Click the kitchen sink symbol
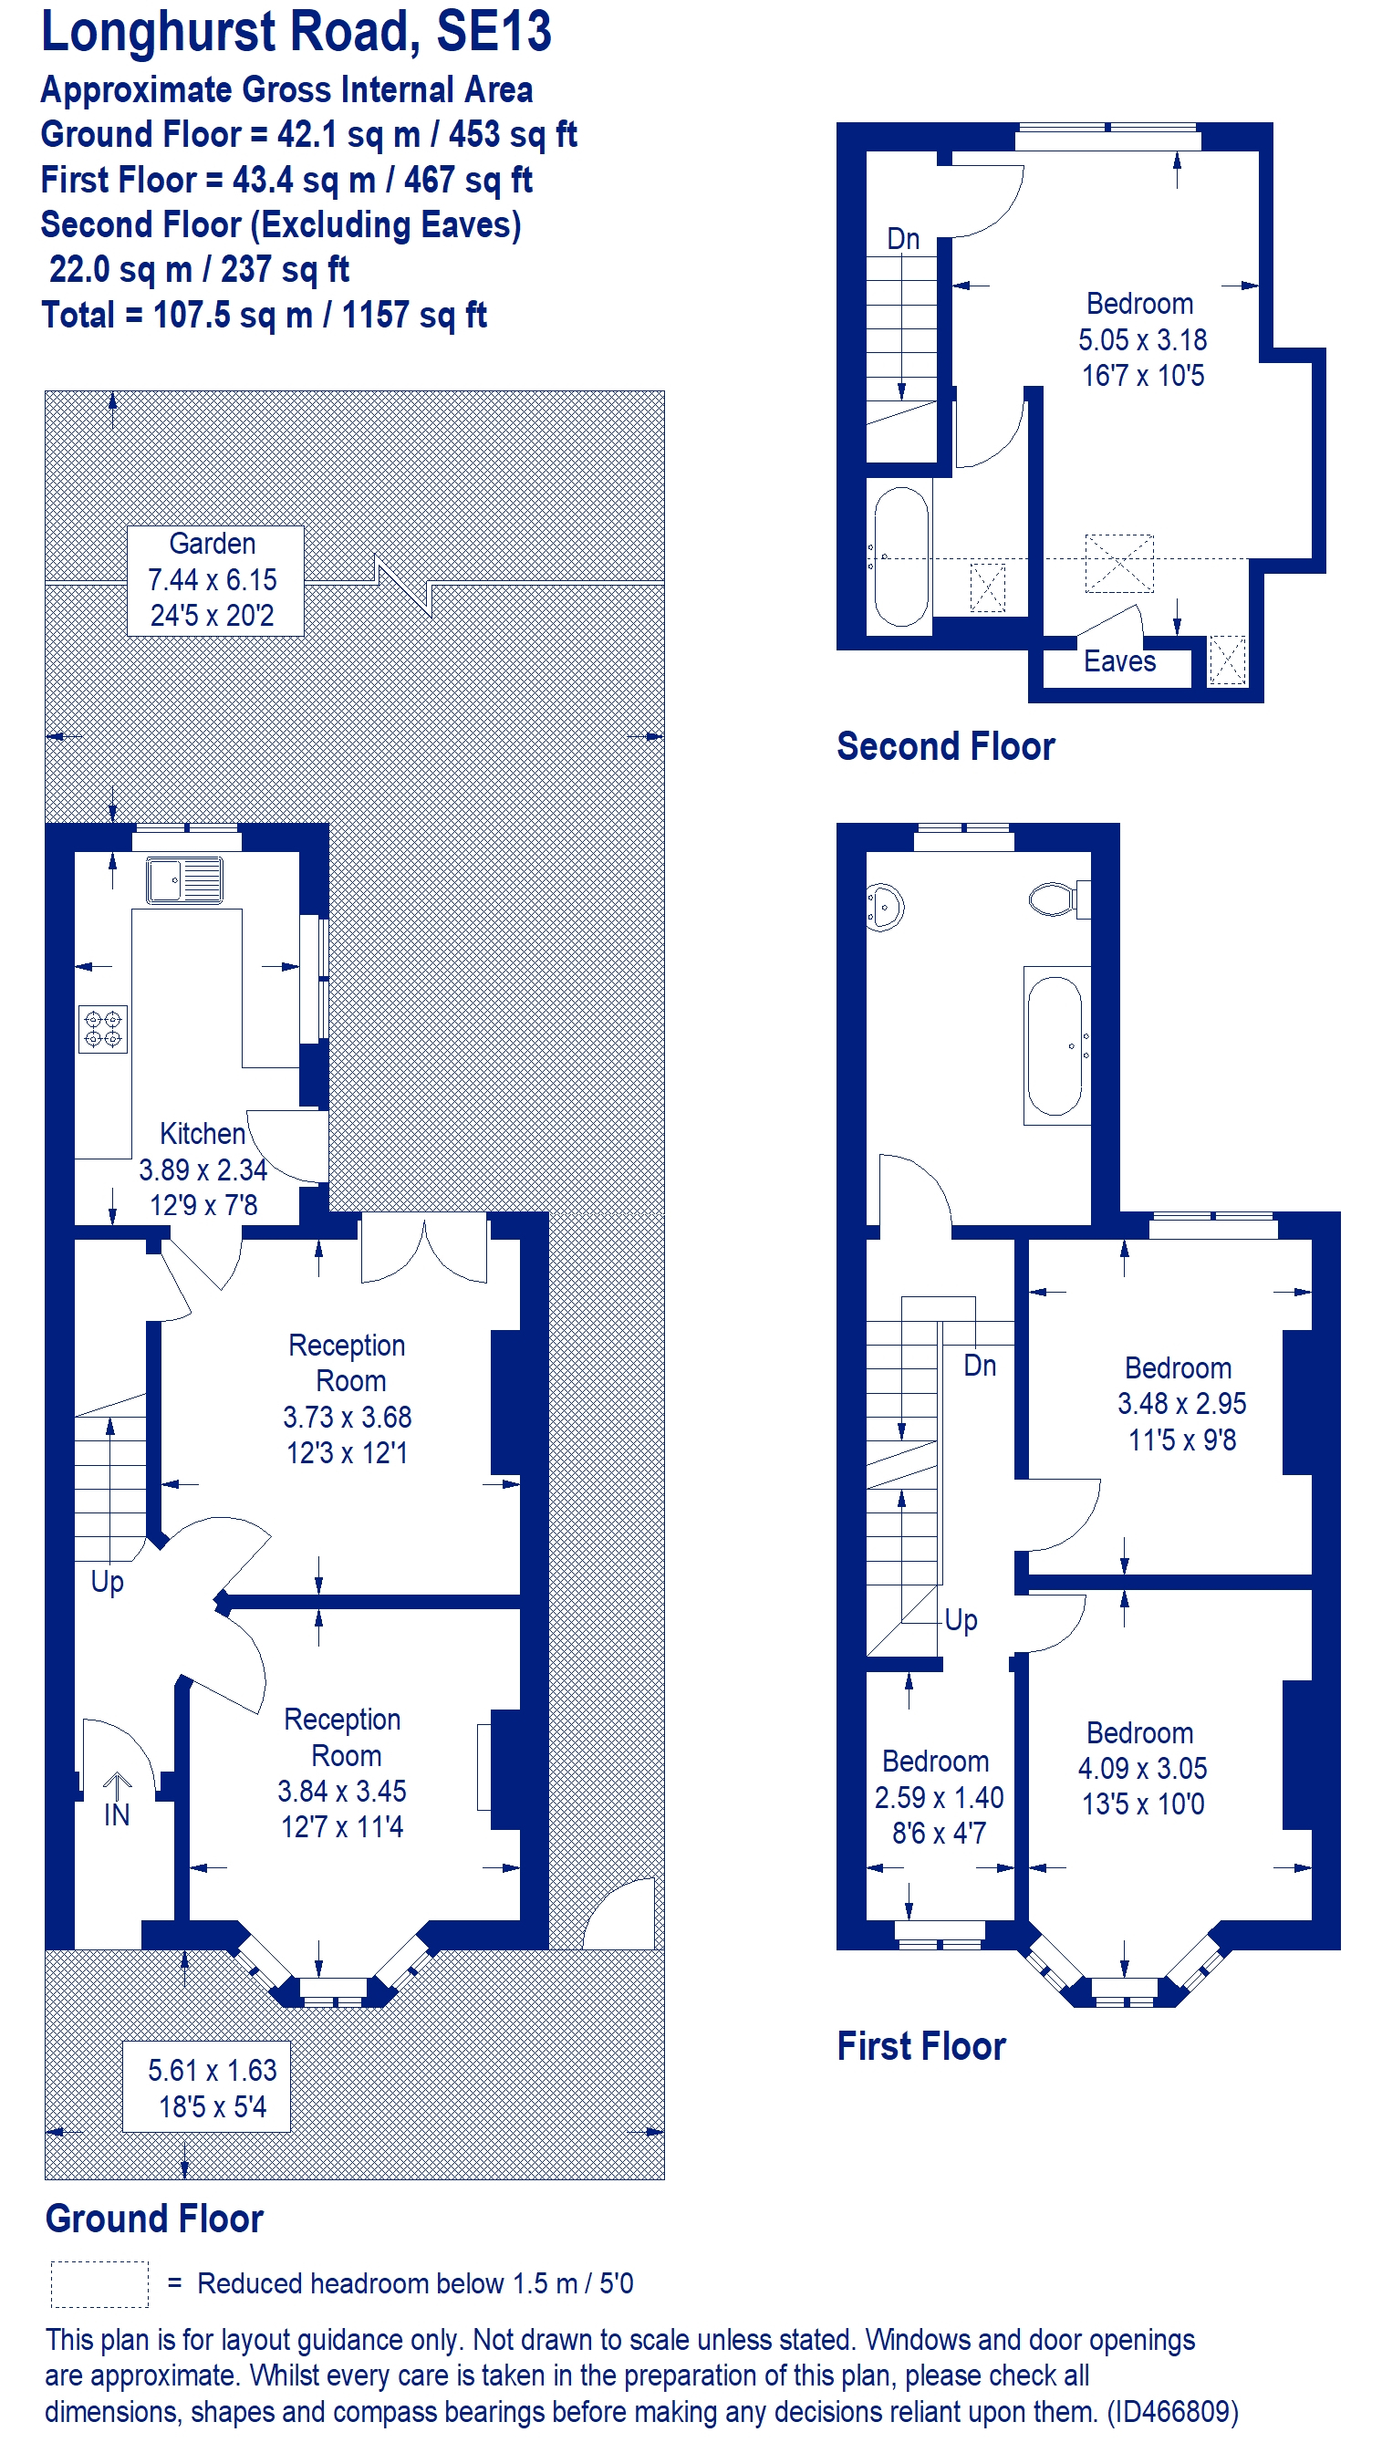(x=185, y=880)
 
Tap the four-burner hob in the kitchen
(x=103, y=1028)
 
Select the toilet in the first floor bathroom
(x=1059, y=899)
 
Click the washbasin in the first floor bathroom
(x=884, y=907)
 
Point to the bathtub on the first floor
(x=1056, y=1045)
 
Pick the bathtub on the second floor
(x=900, y=556)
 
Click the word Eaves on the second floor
(x=1119, y=660)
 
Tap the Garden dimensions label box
(x=215, y=580)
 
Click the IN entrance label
(x=116, y=1815)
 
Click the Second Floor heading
(x=946, y=746)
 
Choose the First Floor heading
(x=921, y=2046)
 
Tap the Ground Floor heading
(x=154, y=2218)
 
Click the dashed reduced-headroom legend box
(x=99, y=2283)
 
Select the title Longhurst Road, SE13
(x=296, y=31)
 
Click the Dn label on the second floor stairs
(x=903, y=238)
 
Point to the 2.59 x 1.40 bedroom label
(x=938, y=1798)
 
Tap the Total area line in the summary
(x=264, y=316)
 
